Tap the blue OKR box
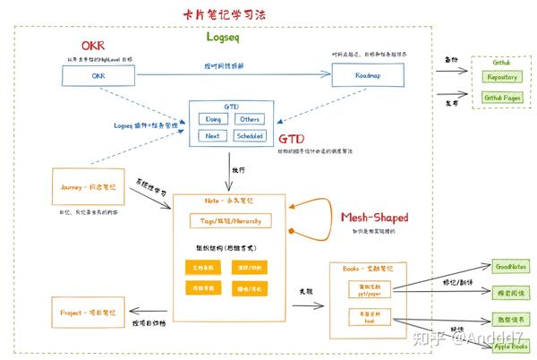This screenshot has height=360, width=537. click(98, 77)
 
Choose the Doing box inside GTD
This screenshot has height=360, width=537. click(214, 118)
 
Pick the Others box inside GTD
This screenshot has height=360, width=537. click(250, 118)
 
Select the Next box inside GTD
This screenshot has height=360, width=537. click(213, 136)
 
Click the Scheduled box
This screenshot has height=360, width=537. click(250, 136)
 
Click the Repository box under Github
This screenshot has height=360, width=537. click(503, 77)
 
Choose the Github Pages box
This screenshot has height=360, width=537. click(503, 97)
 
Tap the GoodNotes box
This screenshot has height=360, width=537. click(513, 266)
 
